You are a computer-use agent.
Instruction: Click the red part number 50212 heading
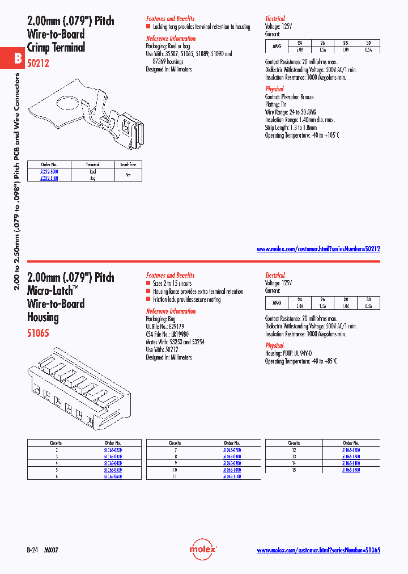[x=38, y=64]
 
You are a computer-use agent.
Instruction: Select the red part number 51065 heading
[x=38, y=333]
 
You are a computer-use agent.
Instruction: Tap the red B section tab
[x=17, y=58]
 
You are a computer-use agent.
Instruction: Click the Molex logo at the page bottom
[x=203, y=550]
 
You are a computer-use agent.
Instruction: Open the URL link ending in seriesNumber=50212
[x=318, y=249]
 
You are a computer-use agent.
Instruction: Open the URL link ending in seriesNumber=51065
[x=318, y=550]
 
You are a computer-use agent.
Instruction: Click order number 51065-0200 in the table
[x=113, y=450]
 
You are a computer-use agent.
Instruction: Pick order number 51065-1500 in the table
[x=351, y=470]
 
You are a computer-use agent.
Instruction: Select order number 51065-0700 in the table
[x=232, y=450]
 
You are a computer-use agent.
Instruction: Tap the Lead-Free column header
[x=127, y=164]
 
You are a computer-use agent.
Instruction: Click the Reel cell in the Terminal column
[x=92, y=171]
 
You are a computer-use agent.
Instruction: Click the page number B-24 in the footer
[x=32, y=550]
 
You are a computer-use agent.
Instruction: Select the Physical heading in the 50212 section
[x=274, y=89]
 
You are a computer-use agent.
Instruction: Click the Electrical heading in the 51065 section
[x=275, y=275]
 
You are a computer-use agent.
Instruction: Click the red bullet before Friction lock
[x=148, y=299]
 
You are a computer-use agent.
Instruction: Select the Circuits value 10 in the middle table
[x=175, y=470]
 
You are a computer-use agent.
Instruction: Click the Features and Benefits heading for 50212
[x=170, y=18]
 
